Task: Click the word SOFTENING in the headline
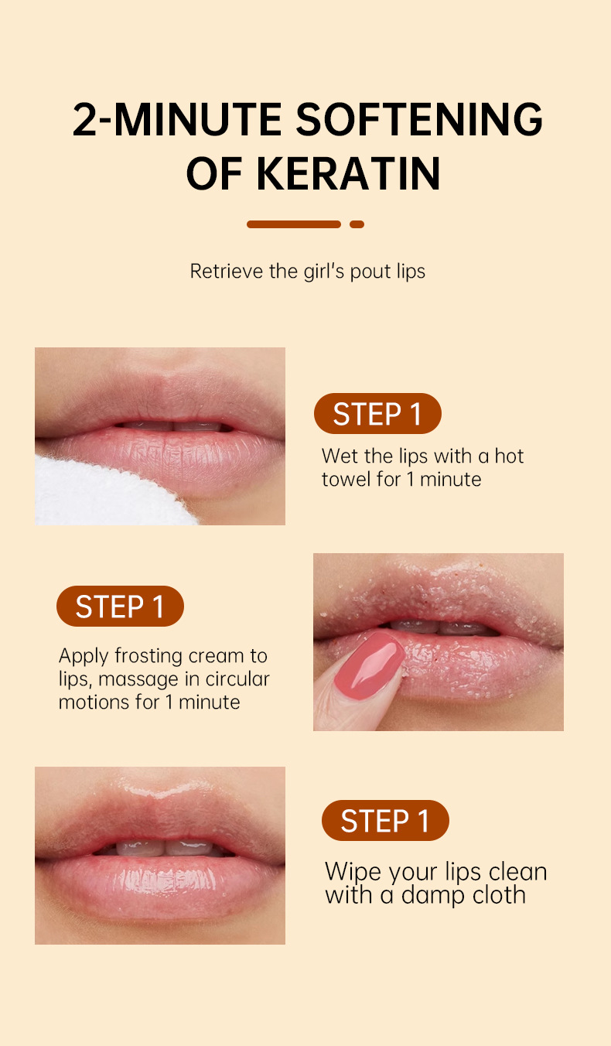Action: pos(418,120)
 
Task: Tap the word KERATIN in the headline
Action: pos(348,174)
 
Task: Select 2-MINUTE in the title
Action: pos(177,120)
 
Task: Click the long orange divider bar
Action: pos(294,224)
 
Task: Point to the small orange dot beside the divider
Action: pos(357,224)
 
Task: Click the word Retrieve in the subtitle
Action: pos(226,272)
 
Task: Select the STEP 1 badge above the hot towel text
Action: pos(377,414)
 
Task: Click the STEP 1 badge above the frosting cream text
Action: pos(120,606)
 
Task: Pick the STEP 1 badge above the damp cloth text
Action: pos(385,820)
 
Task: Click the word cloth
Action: pos(499,894)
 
